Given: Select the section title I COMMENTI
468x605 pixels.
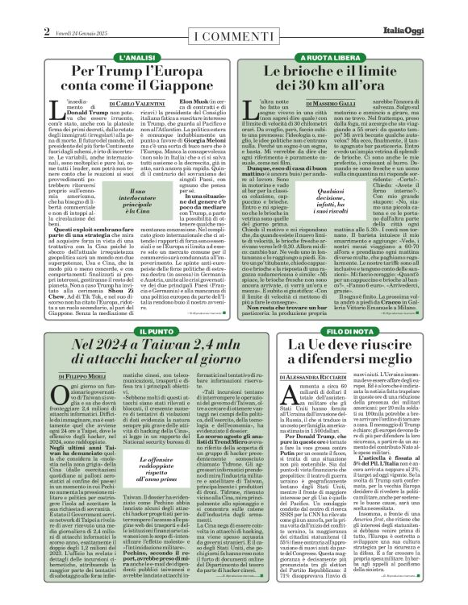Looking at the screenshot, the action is pos(234,38).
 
